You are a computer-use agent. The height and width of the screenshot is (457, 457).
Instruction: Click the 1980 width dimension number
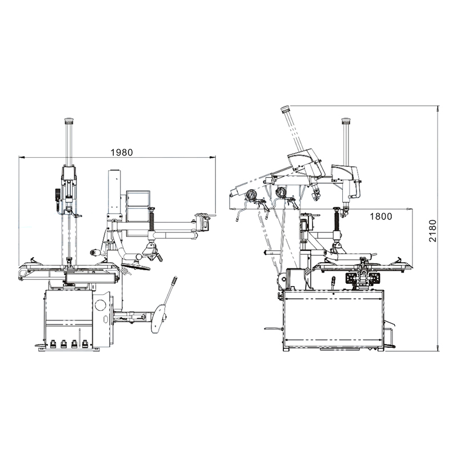click(121, 153)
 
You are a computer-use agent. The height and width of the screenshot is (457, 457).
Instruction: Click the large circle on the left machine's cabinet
click(101, 304)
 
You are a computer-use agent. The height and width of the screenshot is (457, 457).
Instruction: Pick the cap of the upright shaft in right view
click(345, 121)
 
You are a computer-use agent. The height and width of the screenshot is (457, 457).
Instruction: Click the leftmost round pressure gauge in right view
click(250, 196)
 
